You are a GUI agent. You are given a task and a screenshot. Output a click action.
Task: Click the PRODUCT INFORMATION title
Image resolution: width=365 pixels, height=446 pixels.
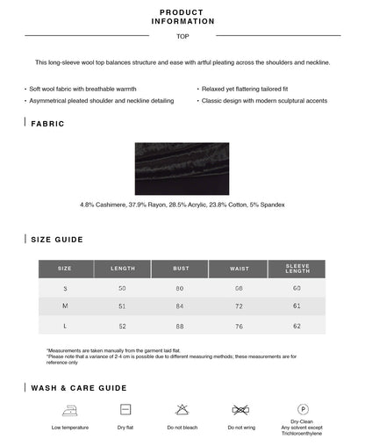(x=182, y=17)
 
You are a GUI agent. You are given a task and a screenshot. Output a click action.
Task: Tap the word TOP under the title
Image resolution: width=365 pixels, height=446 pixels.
(x=182, y=37)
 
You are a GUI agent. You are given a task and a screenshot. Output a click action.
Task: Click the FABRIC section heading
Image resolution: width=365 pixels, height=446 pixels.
(x=47, y=124)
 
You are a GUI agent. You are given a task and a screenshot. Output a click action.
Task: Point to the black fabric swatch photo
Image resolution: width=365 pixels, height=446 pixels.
(x=182, y=168)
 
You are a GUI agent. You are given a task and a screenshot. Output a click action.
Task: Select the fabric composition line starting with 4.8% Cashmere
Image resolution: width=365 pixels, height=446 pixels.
(x=182, y=205)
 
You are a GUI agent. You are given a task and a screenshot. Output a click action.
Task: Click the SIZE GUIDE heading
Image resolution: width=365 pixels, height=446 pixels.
(x=57, y=239)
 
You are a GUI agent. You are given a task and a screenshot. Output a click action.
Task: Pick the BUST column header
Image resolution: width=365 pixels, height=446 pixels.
(x=181, y=269)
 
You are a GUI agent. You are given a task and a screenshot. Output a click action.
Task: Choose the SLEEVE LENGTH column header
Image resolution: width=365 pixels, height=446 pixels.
(x=297, y=269)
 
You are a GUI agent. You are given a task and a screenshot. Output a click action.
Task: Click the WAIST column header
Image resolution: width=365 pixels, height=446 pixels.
(x=239, y=269)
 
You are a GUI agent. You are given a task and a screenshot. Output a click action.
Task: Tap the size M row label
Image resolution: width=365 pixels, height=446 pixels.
(x=65, y=306)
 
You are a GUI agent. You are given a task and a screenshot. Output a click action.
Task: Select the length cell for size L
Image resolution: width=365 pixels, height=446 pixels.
(x=122, y=325)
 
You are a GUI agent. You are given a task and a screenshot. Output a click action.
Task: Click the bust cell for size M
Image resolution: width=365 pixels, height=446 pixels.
(x=181, y=306)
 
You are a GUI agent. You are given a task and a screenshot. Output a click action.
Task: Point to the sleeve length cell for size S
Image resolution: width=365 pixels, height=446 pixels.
(x=297, y=288)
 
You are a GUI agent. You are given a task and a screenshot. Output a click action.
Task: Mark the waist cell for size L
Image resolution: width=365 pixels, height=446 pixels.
(x=239, y=325)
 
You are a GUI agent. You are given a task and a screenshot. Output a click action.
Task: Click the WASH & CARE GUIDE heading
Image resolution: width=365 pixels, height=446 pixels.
(x=79, y=387)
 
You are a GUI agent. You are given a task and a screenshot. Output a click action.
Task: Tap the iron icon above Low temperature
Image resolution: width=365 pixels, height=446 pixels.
(x=69, y=410)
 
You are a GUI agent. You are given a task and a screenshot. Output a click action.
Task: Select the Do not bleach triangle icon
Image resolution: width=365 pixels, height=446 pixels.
(x=182, y=410)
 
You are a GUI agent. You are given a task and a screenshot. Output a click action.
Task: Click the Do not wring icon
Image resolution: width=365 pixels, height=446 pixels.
(x=240, y=410)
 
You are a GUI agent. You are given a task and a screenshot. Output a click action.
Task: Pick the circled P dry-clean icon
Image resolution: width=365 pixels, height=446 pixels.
(x=303, y=409)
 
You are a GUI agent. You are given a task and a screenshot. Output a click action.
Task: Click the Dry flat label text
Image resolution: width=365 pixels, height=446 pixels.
(x=125, y=428)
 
